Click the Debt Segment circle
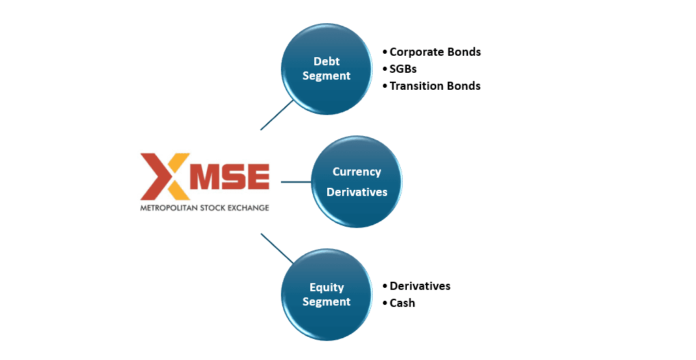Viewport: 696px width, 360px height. tap(327, 69)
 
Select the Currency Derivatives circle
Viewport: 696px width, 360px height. tap(357, 182)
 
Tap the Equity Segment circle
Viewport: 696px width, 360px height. tap(327, 294)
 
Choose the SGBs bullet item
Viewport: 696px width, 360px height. tap(403, 69)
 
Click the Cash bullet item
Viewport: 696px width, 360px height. tap(402, 303)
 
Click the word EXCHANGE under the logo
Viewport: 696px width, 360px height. tap(248, 207)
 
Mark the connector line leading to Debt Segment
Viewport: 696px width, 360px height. tap(277, 115)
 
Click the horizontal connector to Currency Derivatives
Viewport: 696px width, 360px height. tap(296, 182)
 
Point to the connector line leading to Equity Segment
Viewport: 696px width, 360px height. tap(277, 248)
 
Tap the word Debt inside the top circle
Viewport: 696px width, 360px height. tap(327, 61)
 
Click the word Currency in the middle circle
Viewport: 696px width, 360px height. tap(357, 172)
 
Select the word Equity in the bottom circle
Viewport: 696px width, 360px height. tap(327, 287)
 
